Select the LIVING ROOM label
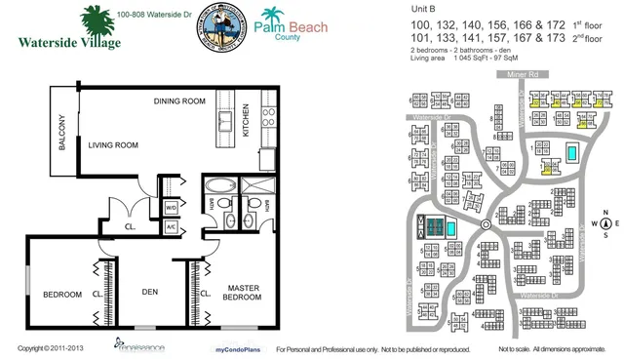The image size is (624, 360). click(x=114, y=145)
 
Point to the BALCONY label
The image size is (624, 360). click(x=61, y=131)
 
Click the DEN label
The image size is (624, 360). click(x=151, y=290)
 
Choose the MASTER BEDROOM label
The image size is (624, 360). click(x=242, y=292)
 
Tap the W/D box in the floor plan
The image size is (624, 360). click(x=171, y=208)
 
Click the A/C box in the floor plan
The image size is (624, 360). click(x=171, y=225)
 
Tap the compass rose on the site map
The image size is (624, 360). click(x=605, y=223)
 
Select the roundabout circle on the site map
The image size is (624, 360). click(x=485, y=225)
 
